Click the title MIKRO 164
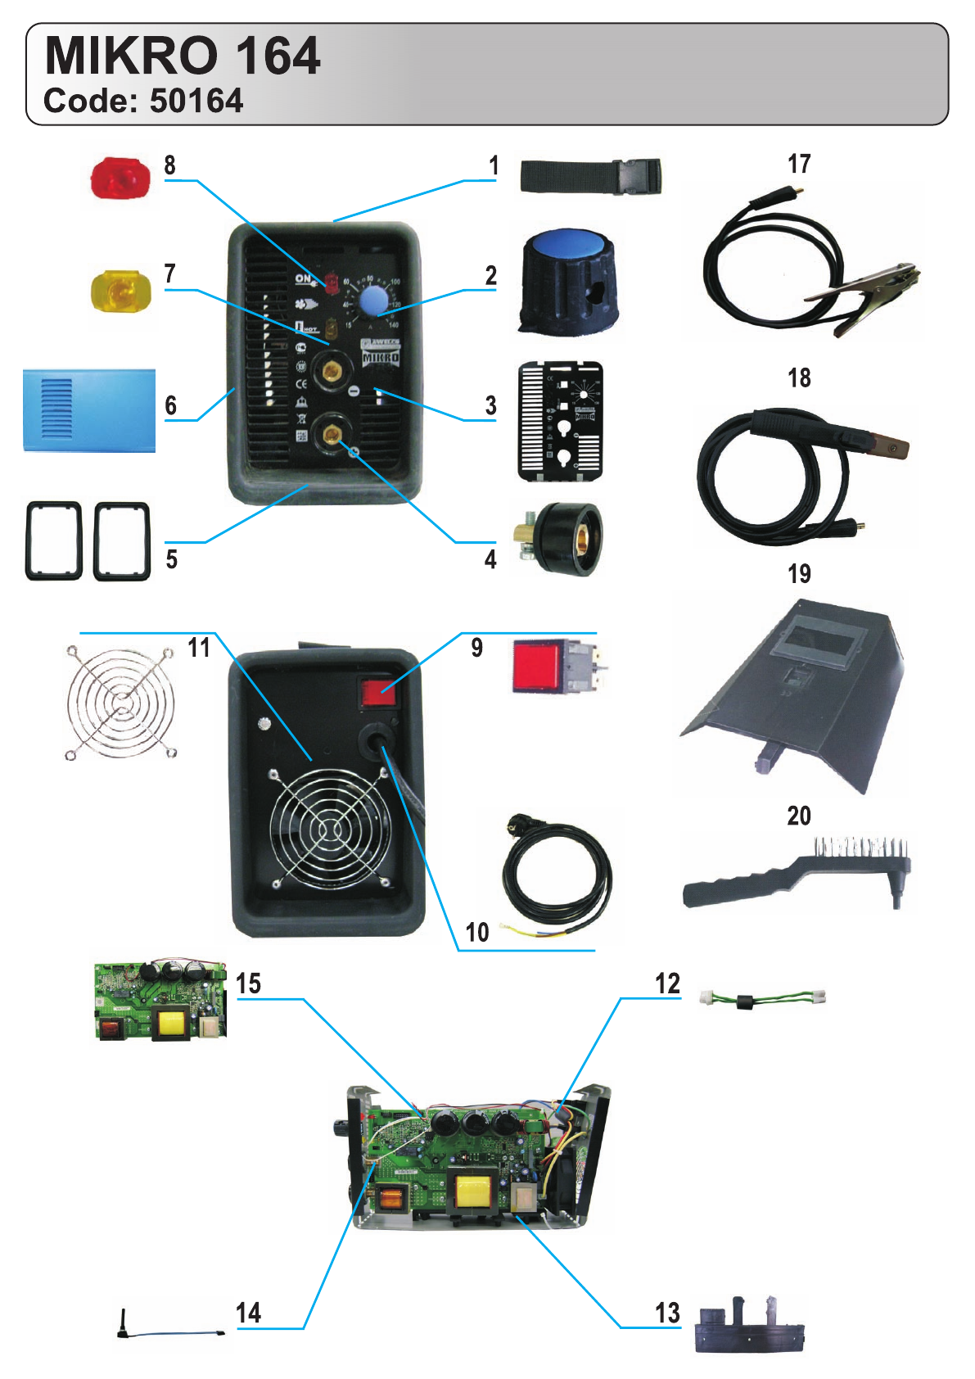tap(182, 56)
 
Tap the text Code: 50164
tap(143, 101)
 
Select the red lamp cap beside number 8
tap(120, 179)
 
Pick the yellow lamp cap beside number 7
tap(120, 291)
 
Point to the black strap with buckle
tap(589, 176)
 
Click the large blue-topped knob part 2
tap(568, 283)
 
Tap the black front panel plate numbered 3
tap(561, 421)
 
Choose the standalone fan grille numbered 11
tap(121, 702)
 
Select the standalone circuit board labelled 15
tap(160, 1000)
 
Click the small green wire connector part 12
tap(762, 999)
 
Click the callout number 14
tap(248, 1313)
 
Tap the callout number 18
tap(799, 378)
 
